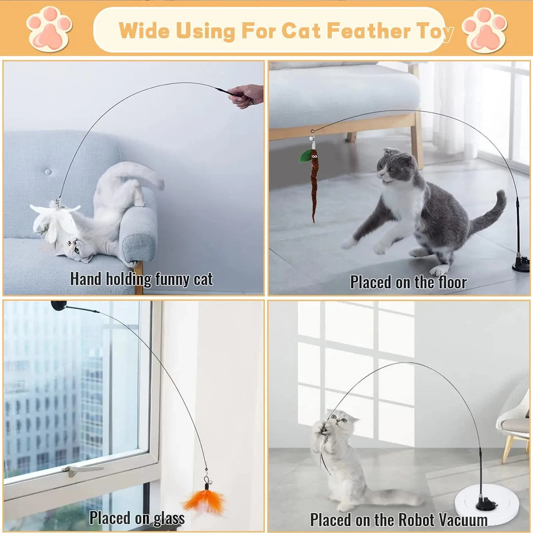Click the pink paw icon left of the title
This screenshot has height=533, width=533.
(49, 29)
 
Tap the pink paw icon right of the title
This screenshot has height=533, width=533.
(485, 30)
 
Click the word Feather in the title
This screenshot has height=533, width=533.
(369, 31)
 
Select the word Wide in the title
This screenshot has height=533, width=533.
(144, 31)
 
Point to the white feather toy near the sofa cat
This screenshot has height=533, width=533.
(54, 221)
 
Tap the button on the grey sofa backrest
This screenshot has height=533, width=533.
(48, 172)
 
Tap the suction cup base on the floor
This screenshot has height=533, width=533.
(521, 264)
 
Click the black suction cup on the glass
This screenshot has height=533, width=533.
(58, 305)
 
